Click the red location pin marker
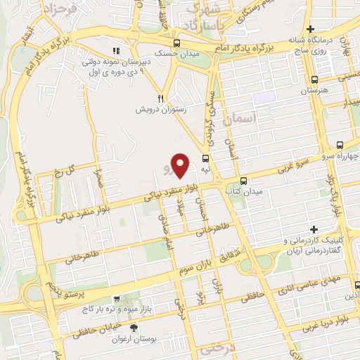tap(181, 165)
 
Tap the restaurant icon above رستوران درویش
tap(161, 99)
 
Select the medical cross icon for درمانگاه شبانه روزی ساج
tap(310, 29)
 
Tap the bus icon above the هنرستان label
tap(315, 79)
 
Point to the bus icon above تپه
tap(206, 158)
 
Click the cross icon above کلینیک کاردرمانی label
tap(314, 230)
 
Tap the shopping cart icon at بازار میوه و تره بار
tap(117, 299)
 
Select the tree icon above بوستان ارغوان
tap(134, 328)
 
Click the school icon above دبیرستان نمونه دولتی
tap(117, 51)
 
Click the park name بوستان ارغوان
tap(134, 340)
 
